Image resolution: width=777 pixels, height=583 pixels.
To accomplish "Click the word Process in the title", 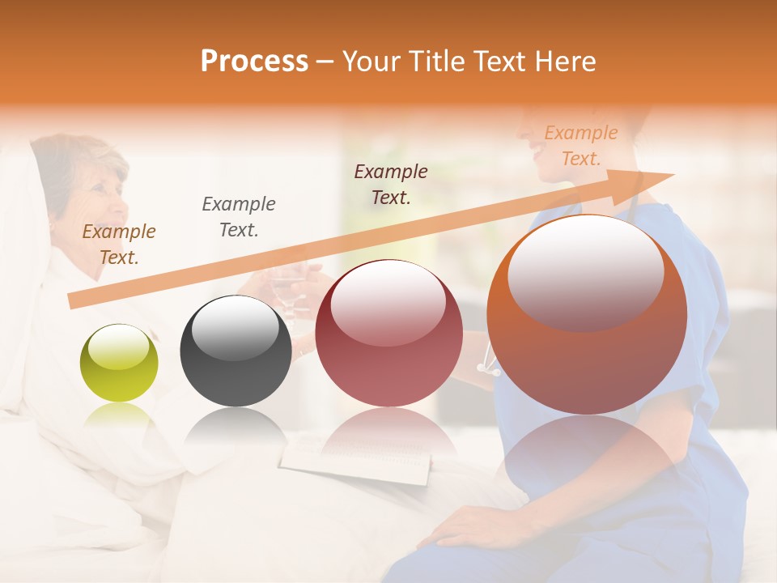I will click(254, 62).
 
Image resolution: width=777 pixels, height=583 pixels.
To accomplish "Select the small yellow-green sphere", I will click(119, 363).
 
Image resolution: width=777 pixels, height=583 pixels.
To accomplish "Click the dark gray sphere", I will click(236, 351).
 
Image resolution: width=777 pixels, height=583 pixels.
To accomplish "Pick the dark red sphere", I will click(388, 333).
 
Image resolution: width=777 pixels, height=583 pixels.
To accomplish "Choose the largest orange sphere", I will click(587, 314).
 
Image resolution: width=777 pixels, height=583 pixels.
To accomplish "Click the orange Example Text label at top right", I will click(581, 146).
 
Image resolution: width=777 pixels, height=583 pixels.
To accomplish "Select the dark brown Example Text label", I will click(391, 184).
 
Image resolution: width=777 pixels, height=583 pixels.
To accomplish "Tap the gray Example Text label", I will click(239, 216).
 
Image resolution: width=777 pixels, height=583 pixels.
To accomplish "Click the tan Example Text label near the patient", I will click(119, 244).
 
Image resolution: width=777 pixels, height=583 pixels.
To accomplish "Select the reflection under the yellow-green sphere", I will click(119, 417).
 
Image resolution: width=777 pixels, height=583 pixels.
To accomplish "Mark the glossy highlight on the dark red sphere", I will click(388, 301).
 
